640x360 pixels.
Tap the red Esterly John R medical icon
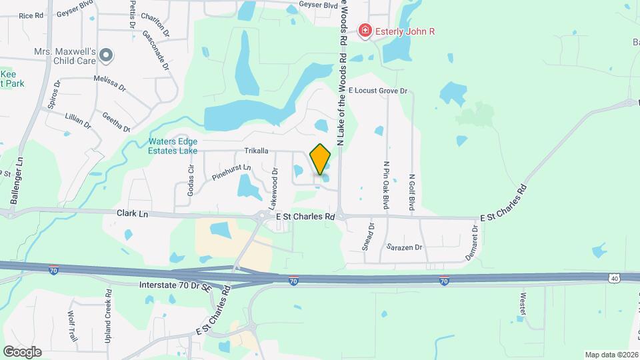pyautogui.click(x=365, y=31)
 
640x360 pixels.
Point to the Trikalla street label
pyautogui.click(x=256, y=151)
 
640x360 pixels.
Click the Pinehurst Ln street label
pyautogui.click(x=231, y=172)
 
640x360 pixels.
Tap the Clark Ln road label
pyautogui.click(x=132, y=214)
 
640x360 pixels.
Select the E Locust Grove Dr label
pyautogui.click(x=377, y=89)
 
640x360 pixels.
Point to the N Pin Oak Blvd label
pyautogui.click(x=385, y=185)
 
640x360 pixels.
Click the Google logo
pyautogui.click(x=22, y=351)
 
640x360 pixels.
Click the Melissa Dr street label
pyautogui.click(x=110, y=83)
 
